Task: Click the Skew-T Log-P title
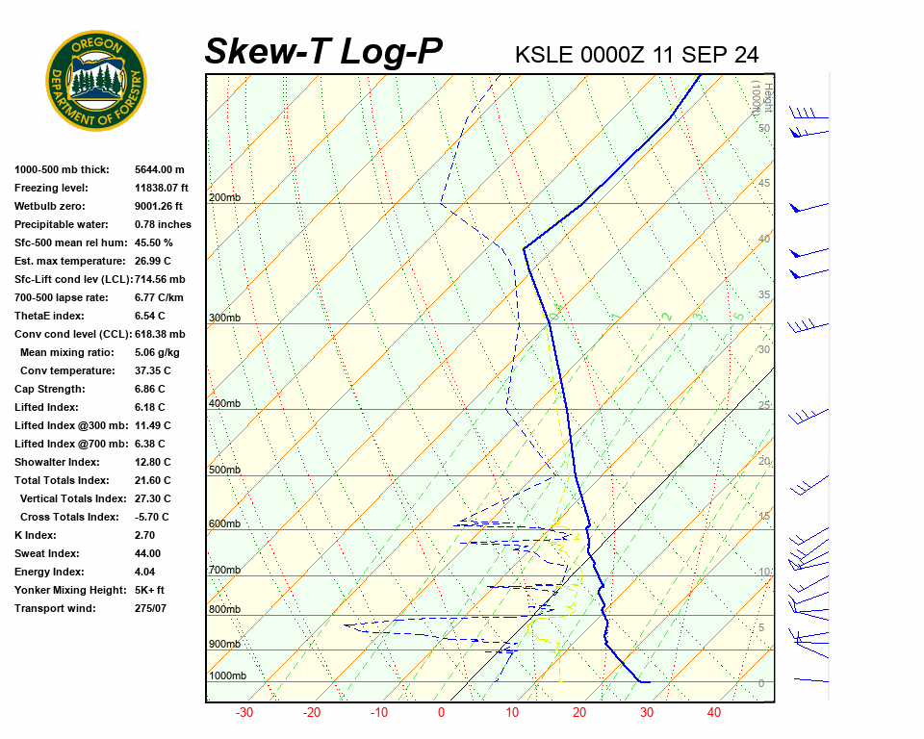[323, 52]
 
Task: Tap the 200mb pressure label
[224, 198]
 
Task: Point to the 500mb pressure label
[224, 471]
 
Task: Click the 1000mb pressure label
[227, 676]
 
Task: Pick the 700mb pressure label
[224, 571]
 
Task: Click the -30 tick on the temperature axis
[244, 713]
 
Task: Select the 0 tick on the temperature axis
[441, 713]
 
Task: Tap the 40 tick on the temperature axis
[714, 713]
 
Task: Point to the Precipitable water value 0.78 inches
[163, 224]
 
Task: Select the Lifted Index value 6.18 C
[149, 407]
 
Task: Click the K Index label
[35, 535]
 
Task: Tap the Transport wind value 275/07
[151, 608]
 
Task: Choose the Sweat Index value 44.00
[148, 553]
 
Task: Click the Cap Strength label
[49, 389]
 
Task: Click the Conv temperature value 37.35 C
[152, 370]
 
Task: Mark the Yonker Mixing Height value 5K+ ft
[150, 590]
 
